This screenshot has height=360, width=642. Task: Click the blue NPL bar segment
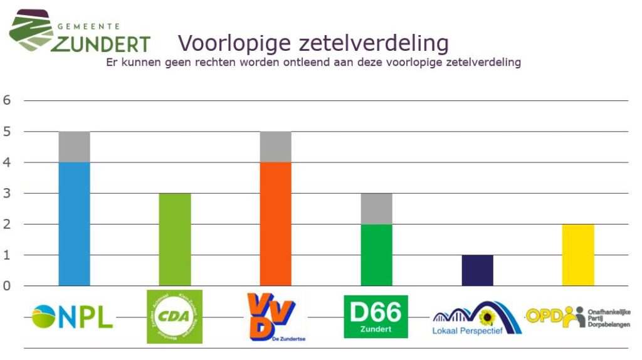[x=74, y=224]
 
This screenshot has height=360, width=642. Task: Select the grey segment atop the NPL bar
[x=74, y=147]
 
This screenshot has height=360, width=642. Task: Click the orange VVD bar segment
[x=275, y=224]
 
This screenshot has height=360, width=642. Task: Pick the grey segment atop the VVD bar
[x=275, y=147]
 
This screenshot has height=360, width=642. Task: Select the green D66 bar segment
[x=376, y=255]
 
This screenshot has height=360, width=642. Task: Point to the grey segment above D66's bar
[x=376, y=208]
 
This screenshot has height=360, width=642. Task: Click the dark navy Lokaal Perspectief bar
[x=477, y=270]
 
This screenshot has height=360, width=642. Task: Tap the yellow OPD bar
[x=577, y=255]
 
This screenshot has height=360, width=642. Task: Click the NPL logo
[x=72, y=317]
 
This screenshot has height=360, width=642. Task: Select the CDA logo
[x=174, y=317]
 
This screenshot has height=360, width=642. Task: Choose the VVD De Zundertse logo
[x=276, y=317]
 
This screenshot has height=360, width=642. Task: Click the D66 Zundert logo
[x=376, y=317]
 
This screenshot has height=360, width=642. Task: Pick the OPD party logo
[x=577, y=317]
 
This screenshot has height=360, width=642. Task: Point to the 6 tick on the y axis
[x=8, y=100]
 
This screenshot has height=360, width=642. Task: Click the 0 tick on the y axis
[x=8, y=286]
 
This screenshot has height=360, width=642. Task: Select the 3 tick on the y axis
[x=8, y=193]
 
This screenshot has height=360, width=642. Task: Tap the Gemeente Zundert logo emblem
[x=30, y=30]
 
